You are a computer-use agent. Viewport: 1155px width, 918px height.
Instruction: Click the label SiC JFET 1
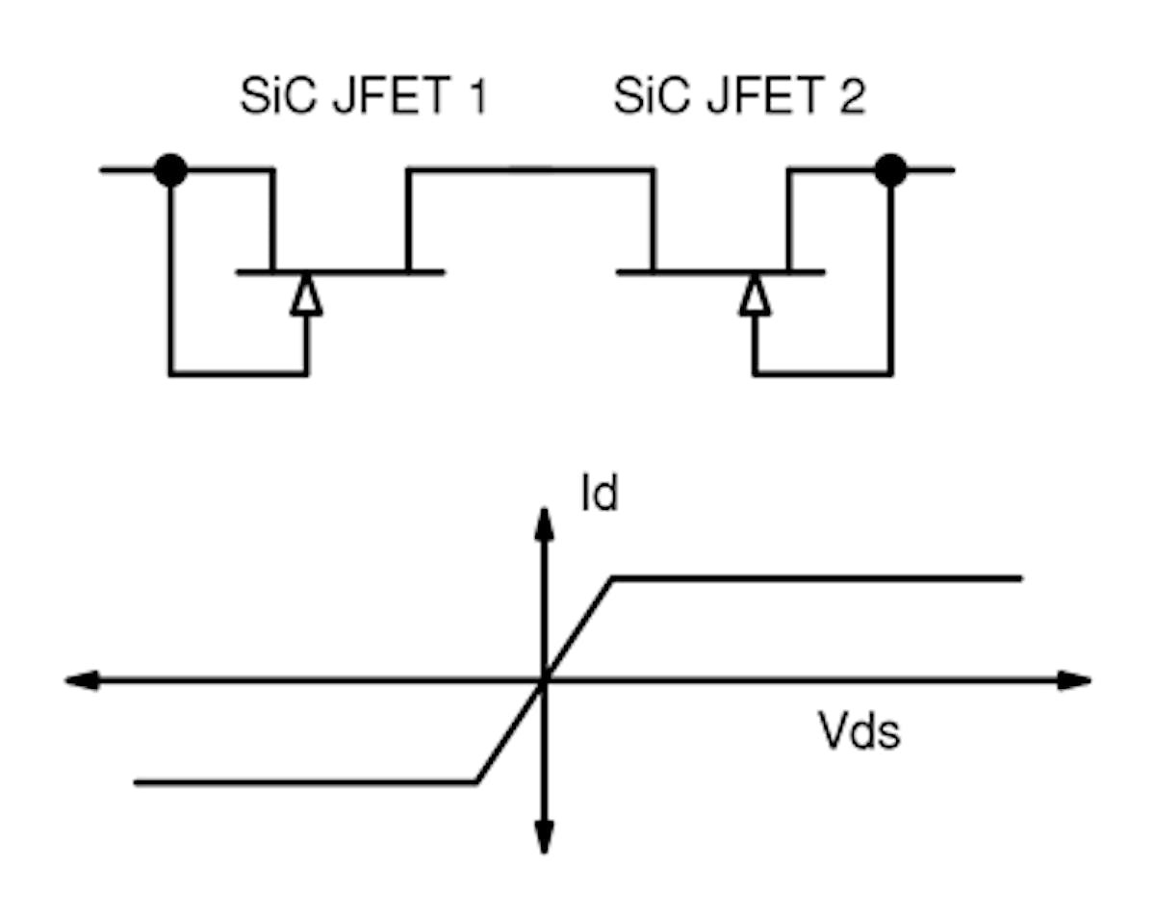[363, 98]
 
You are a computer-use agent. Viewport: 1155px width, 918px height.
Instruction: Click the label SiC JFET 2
[739, 98]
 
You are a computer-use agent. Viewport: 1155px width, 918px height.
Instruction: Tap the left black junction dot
[171, 170]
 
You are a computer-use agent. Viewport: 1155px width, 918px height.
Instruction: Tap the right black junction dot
[890, 170]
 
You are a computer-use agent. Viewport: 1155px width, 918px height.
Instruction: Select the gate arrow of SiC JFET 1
[306, 293]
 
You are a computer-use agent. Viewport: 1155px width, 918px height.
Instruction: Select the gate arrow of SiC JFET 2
[755, 293]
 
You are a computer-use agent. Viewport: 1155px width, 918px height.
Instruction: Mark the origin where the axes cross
[544, 680]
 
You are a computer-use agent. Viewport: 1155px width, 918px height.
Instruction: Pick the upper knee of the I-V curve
[613, 578]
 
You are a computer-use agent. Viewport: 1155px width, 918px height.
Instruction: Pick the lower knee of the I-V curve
[476, 782]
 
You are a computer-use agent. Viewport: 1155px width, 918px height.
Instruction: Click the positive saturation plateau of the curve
[818, 578]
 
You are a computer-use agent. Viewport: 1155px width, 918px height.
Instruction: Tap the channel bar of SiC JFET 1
[340, 272]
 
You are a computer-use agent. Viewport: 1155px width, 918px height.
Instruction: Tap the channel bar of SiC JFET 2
[720, 272]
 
